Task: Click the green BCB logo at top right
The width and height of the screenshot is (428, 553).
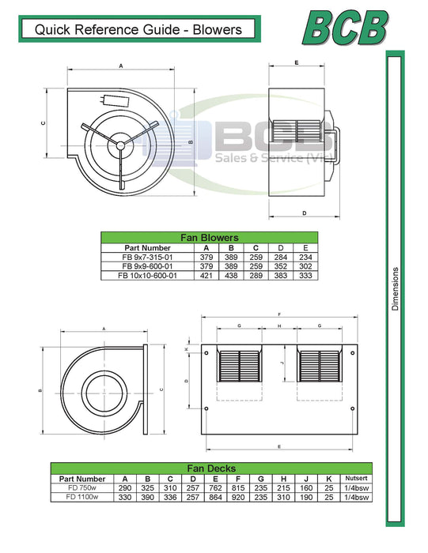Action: [x=346, y=28]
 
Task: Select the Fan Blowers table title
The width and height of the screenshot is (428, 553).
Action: [x=210, y=237]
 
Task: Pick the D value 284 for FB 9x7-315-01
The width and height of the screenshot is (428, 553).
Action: [x=281, y=257]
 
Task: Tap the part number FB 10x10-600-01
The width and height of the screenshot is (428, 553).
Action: [x=148, y=276]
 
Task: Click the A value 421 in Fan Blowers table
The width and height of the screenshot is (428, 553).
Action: [x=206, y=276]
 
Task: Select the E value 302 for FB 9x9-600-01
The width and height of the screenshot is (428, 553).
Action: [x=305, y=266]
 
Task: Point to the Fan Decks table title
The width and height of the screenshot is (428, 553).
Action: [x=211, y=468]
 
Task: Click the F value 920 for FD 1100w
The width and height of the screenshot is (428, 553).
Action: [x=238, y=497]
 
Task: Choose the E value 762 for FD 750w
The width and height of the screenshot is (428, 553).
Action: [x=215, y=488]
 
